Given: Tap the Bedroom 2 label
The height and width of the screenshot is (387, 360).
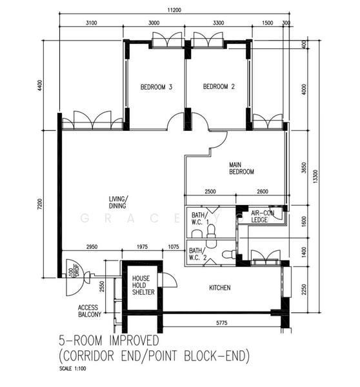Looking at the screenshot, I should point(217,87).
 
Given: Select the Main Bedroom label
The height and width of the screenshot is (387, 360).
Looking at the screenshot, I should point(241,168).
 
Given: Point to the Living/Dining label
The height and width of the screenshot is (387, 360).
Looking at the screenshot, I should point(117,202).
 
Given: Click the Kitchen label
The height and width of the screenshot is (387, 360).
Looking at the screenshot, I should point(219,288).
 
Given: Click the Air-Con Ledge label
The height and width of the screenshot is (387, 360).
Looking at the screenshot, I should point(264,216).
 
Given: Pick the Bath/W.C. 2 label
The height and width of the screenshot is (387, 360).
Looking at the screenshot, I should point(197,255).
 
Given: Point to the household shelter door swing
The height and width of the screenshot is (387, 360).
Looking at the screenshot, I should point(169,281).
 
